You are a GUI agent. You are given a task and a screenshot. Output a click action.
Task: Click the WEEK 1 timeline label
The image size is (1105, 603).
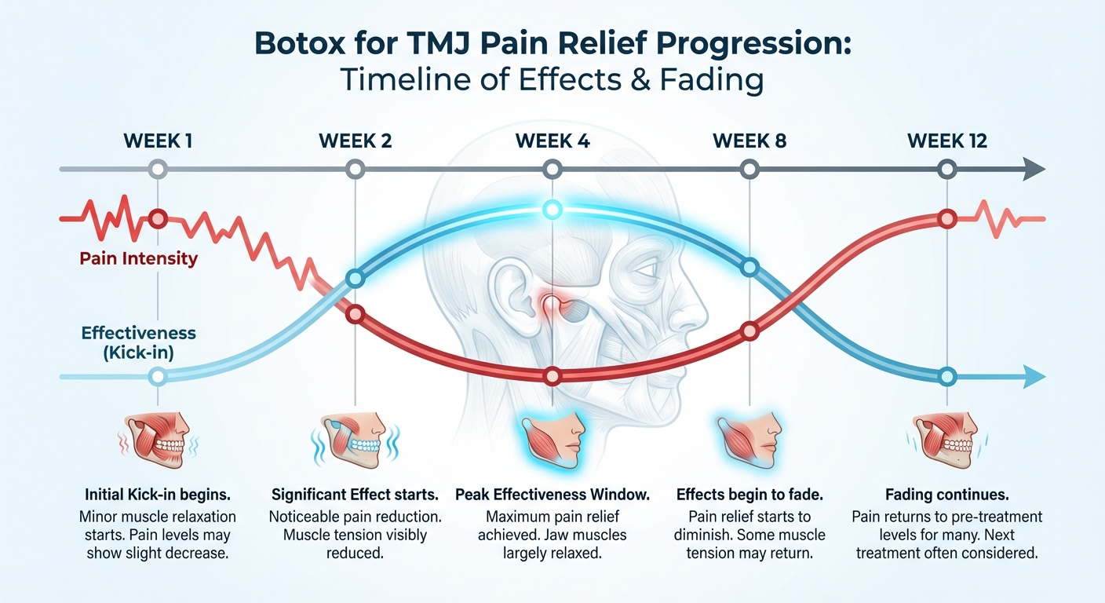coord(158,141)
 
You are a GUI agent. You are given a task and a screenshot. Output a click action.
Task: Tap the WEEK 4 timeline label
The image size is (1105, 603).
coord(552,141)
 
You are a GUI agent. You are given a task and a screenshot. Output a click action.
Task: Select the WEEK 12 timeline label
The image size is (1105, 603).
coord(947,141)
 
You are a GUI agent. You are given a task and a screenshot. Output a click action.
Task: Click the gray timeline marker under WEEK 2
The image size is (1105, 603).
coord(356,169)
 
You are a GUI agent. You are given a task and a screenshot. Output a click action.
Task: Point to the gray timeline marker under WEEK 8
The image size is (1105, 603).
coord(749,169)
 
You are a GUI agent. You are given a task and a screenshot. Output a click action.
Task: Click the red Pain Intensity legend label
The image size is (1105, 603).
coord(138,258)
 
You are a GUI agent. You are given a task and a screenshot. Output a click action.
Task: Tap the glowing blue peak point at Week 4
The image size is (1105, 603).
coord(552,209)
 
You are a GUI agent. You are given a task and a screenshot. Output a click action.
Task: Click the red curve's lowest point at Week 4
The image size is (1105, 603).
coord(552,376)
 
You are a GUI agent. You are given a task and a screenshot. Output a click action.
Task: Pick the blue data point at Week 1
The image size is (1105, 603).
coord(158,376)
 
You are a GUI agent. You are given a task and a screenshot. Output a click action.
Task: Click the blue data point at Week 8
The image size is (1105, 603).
coord(749,268)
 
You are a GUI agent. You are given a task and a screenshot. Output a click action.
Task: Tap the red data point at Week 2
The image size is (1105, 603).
coord(356,314)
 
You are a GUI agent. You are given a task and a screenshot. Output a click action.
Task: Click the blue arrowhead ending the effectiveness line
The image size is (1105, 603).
coord(1034,377)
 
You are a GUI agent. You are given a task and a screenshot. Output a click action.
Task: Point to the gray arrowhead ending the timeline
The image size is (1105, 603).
coord(1034,169)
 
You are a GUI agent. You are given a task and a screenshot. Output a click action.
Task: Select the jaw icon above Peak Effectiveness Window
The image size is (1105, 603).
coord(552,436)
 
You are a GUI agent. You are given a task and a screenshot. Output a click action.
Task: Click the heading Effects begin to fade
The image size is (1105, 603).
coord(749,495)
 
